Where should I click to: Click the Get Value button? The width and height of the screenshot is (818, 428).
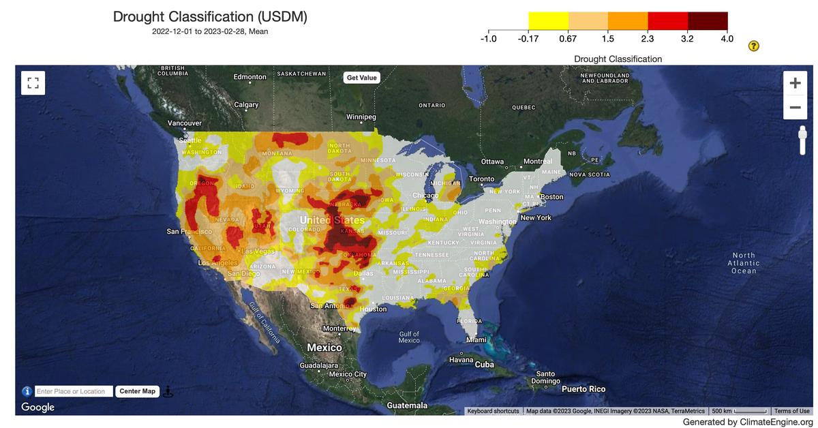pyautogui.click(x=361, y=78)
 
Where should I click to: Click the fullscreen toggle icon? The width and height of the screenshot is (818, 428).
pyautogui.click(x=31, y=83)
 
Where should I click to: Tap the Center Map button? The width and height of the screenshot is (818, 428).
pyautogui.click(x=138, y=391)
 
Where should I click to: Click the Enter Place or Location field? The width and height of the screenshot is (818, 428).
pyautogui.click(x=73, y=391)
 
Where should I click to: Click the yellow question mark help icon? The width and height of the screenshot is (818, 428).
pyautogui.click(x=753, y=46)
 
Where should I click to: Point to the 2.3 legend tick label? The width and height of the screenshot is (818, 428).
pyautogui.click(x=647, y=38)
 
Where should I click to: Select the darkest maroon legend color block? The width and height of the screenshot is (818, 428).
pyautogui.click(x=708, y=20)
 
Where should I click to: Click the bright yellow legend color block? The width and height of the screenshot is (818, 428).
pyautogui.click(x=548, y=20)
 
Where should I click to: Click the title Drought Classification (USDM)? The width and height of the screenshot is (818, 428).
pyautogui.click(x=210, y=17)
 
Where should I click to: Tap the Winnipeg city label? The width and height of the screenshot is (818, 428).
pyautogui.click(x=361, y=117)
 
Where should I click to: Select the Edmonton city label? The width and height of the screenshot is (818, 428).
pyautogui.click(x=249, y=77)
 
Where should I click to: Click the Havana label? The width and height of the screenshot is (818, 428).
pyautogui.click(x=461, y=359)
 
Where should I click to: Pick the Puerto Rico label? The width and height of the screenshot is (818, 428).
pyautogui.click(x=583, y=389)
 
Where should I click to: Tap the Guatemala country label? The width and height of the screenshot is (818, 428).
pyautogui.click(x=407, y=406)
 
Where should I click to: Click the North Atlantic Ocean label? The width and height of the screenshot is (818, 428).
pyautogui.click(x=743, y=263)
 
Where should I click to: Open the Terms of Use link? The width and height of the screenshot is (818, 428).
pyautogui.click(x=791, y=411)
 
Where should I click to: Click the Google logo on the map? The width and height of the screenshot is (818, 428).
pyautogui.click(x=38, y=408)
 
